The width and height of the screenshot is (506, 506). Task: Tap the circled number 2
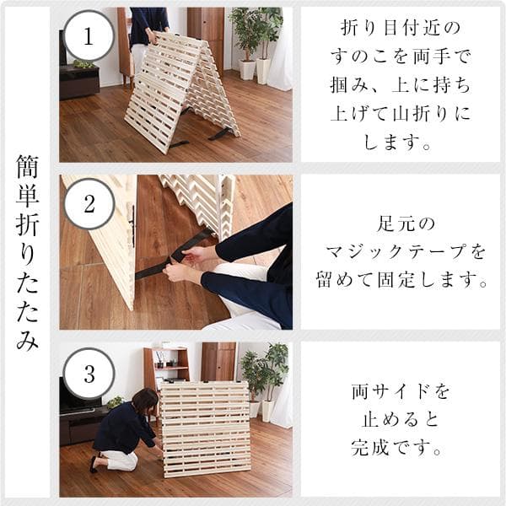point(89,203)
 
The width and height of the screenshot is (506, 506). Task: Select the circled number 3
point(89,372)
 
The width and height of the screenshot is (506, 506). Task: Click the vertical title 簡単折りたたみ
point(27,253)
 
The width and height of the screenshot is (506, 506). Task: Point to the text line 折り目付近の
point(401,29)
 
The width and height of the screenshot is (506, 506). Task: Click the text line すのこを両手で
point(401,57)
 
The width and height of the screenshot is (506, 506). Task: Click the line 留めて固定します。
point(401,279)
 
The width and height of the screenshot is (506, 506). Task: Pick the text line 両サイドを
point(401,392)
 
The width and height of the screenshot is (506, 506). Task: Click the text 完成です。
point(401,447)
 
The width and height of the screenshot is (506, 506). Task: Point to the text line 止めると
point(401,419)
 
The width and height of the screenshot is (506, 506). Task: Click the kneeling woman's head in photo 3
point(144,400)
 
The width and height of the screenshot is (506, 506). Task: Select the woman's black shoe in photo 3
point(95,463)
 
